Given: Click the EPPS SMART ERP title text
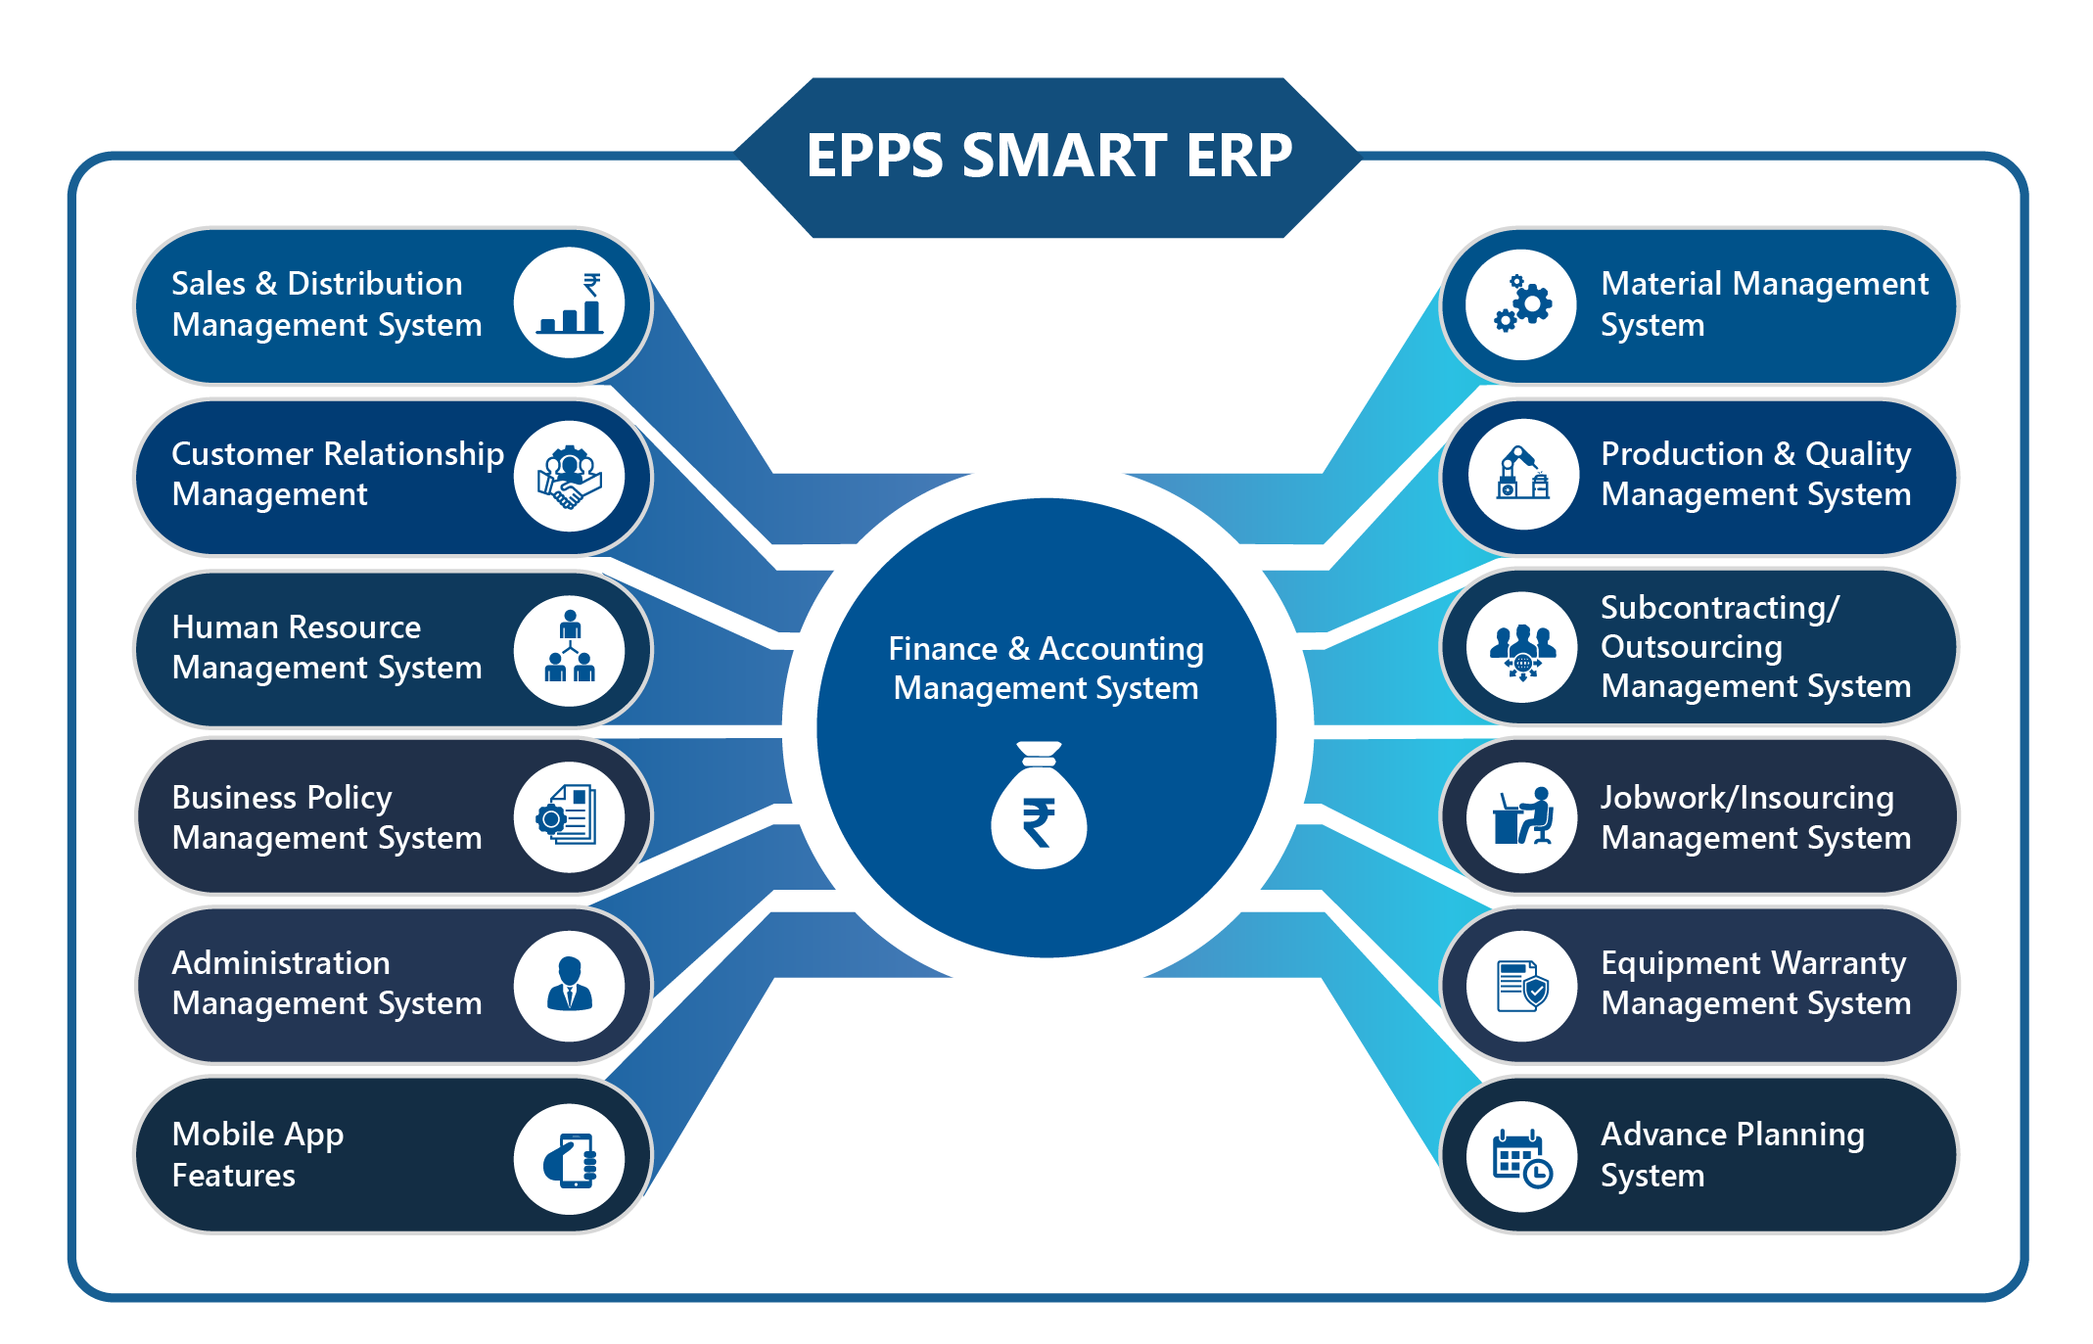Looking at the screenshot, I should (x=1048, y=156).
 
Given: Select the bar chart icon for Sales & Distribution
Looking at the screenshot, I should (x=570, y=304).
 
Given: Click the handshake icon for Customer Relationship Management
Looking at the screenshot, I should (x=570, y=477).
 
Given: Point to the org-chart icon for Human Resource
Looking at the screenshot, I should (x=570, y=647).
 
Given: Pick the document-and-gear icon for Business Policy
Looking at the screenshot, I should (x=568, y=815).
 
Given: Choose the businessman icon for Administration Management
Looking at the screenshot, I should (x=570, y=984).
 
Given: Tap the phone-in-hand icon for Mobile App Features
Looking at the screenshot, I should (x=571, y=1159).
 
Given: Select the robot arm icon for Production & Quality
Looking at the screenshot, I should (x=1522, y=475).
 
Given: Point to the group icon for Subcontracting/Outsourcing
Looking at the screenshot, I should (x=1522, y=647).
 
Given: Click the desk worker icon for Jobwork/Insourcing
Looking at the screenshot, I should (x=1522, y=816).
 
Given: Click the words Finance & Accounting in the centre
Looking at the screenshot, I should (x=1046, y=648).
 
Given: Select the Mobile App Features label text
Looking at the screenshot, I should (x=257, y=1154).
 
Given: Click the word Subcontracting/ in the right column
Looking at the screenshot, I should (x=1720, y=608).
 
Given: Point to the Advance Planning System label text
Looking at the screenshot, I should (x=1732, y=1154).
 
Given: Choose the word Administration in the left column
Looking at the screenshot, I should (x=281, y=963).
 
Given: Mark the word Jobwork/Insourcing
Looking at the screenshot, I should (x=1746, y=798).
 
